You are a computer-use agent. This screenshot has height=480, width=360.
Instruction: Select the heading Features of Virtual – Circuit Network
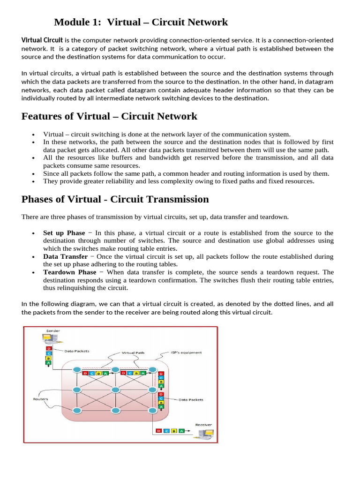tap(109, 116)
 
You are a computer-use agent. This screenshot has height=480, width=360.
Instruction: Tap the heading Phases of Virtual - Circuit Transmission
tap(115, 199)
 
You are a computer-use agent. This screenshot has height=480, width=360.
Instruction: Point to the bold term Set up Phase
tap(64, 232)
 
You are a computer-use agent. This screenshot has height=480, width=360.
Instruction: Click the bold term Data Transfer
tap(65, 256)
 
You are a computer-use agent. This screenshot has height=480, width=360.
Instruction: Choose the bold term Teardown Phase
tap(69, 272)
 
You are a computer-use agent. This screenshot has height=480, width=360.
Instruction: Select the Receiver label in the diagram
tap(203, 425)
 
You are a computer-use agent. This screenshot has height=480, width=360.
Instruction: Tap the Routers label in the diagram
tap(40, 399)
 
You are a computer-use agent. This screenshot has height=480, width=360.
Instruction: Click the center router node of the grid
tap(116, 390)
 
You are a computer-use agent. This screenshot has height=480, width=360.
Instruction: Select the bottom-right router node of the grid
tap(152, 410)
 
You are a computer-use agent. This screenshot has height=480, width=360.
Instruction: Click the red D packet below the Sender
tap(48, 349)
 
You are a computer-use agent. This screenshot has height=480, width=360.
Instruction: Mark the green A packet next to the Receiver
tap(181, 431)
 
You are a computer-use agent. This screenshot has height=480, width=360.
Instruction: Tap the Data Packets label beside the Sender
tap(76, 351)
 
